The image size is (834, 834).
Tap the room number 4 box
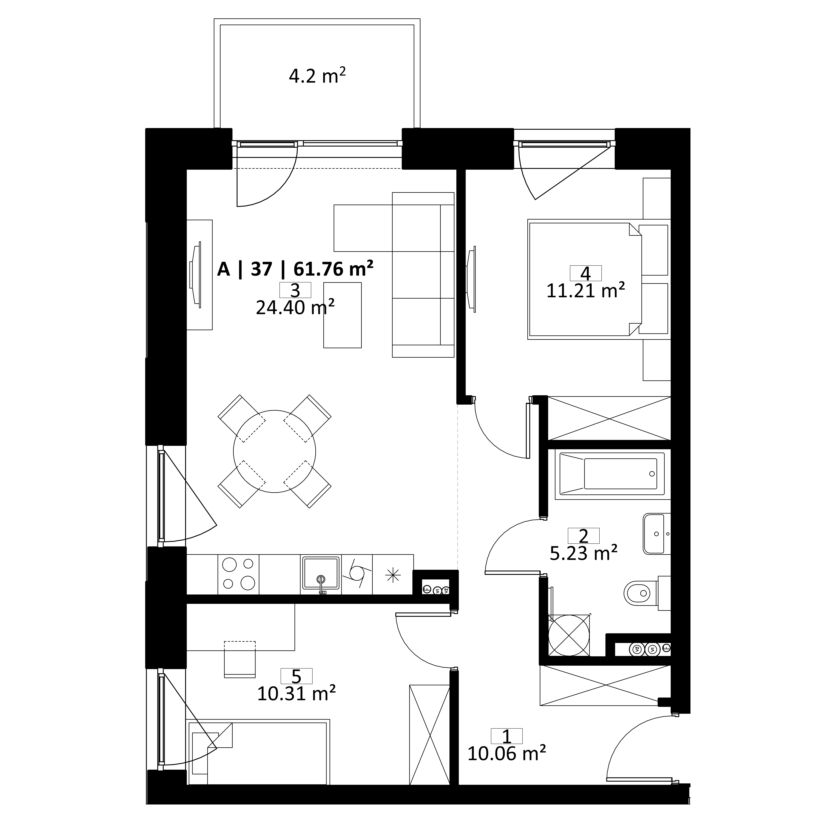(586, 273)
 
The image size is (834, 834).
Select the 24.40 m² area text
(296, 308)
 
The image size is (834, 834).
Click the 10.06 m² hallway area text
(507, 753)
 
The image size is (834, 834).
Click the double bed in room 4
(598, 279)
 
